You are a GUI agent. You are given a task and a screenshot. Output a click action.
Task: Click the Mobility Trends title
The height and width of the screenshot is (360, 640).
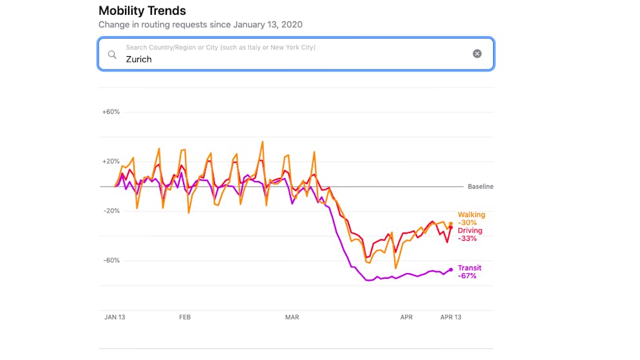(142, 11)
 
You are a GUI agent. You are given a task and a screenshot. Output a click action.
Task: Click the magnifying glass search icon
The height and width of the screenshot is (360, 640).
(112, 54)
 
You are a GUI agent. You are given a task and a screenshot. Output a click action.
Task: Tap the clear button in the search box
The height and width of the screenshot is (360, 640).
(477, 54)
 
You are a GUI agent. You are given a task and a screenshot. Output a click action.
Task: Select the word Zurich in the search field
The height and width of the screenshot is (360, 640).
(138, 59)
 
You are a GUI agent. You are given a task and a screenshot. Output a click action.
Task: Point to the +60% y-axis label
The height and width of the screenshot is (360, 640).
(111, 112)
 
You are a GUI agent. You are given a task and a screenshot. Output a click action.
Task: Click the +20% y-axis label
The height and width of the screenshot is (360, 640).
(111, 162)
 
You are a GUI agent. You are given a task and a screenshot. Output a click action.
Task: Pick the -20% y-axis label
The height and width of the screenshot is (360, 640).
(111, 211)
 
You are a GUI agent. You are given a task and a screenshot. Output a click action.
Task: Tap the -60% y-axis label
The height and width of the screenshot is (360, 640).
(111, 261)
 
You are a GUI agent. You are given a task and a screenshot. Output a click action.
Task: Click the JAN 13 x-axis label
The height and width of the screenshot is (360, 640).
(114, 317)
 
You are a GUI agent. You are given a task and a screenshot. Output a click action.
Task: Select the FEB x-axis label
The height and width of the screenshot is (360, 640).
(185, 317)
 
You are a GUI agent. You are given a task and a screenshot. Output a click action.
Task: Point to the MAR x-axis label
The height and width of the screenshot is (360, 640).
(292, 317)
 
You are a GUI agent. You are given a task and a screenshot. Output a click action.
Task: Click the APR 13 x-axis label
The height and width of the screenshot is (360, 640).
(450, 317)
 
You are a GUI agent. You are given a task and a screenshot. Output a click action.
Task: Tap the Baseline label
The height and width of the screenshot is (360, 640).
(480, 187)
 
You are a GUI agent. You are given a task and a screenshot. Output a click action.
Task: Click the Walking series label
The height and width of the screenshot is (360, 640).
(471, 215)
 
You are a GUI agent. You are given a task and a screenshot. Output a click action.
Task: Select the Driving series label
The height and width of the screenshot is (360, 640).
(470, 231)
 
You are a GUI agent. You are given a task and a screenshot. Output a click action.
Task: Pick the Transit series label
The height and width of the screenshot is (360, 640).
(469, 268)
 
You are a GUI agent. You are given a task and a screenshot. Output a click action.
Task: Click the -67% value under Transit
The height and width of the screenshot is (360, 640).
(467, 276)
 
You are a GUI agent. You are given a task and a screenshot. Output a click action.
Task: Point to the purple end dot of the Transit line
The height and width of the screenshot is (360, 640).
(451, 269)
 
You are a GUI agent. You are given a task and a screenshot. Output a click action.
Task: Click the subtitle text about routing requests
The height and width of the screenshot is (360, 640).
(200, 24)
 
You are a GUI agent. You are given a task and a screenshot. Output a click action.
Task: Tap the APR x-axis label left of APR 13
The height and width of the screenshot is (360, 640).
(406, 317)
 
